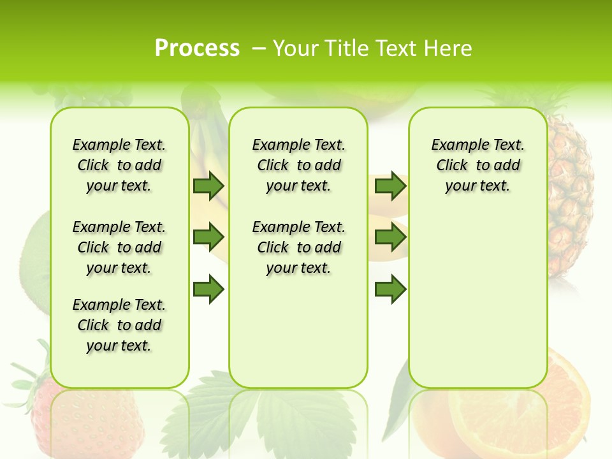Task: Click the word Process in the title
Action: [197, 48]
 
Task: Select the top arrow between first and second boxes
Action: [208, 186]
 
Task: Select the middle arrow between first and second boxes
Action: [208, 237]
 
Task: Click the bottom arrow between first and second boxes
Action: [208, 289]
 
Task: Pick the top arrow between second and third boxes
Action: [390, 186]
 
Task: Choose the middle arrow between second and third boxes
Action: [390, 237]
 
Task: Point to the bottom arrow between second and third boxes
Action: [390, 289]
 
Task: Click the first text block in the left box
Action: [119, 165]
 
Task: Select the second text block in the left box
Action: [119, 247]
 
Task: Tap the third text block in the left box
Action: [119, 325]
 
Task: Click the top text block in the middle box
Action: [298, 165]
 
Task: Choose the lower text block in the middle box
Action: [298, 247]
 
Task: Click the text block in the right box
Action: [477, 165]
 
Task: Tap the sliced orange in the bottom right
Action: [567, 408]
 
